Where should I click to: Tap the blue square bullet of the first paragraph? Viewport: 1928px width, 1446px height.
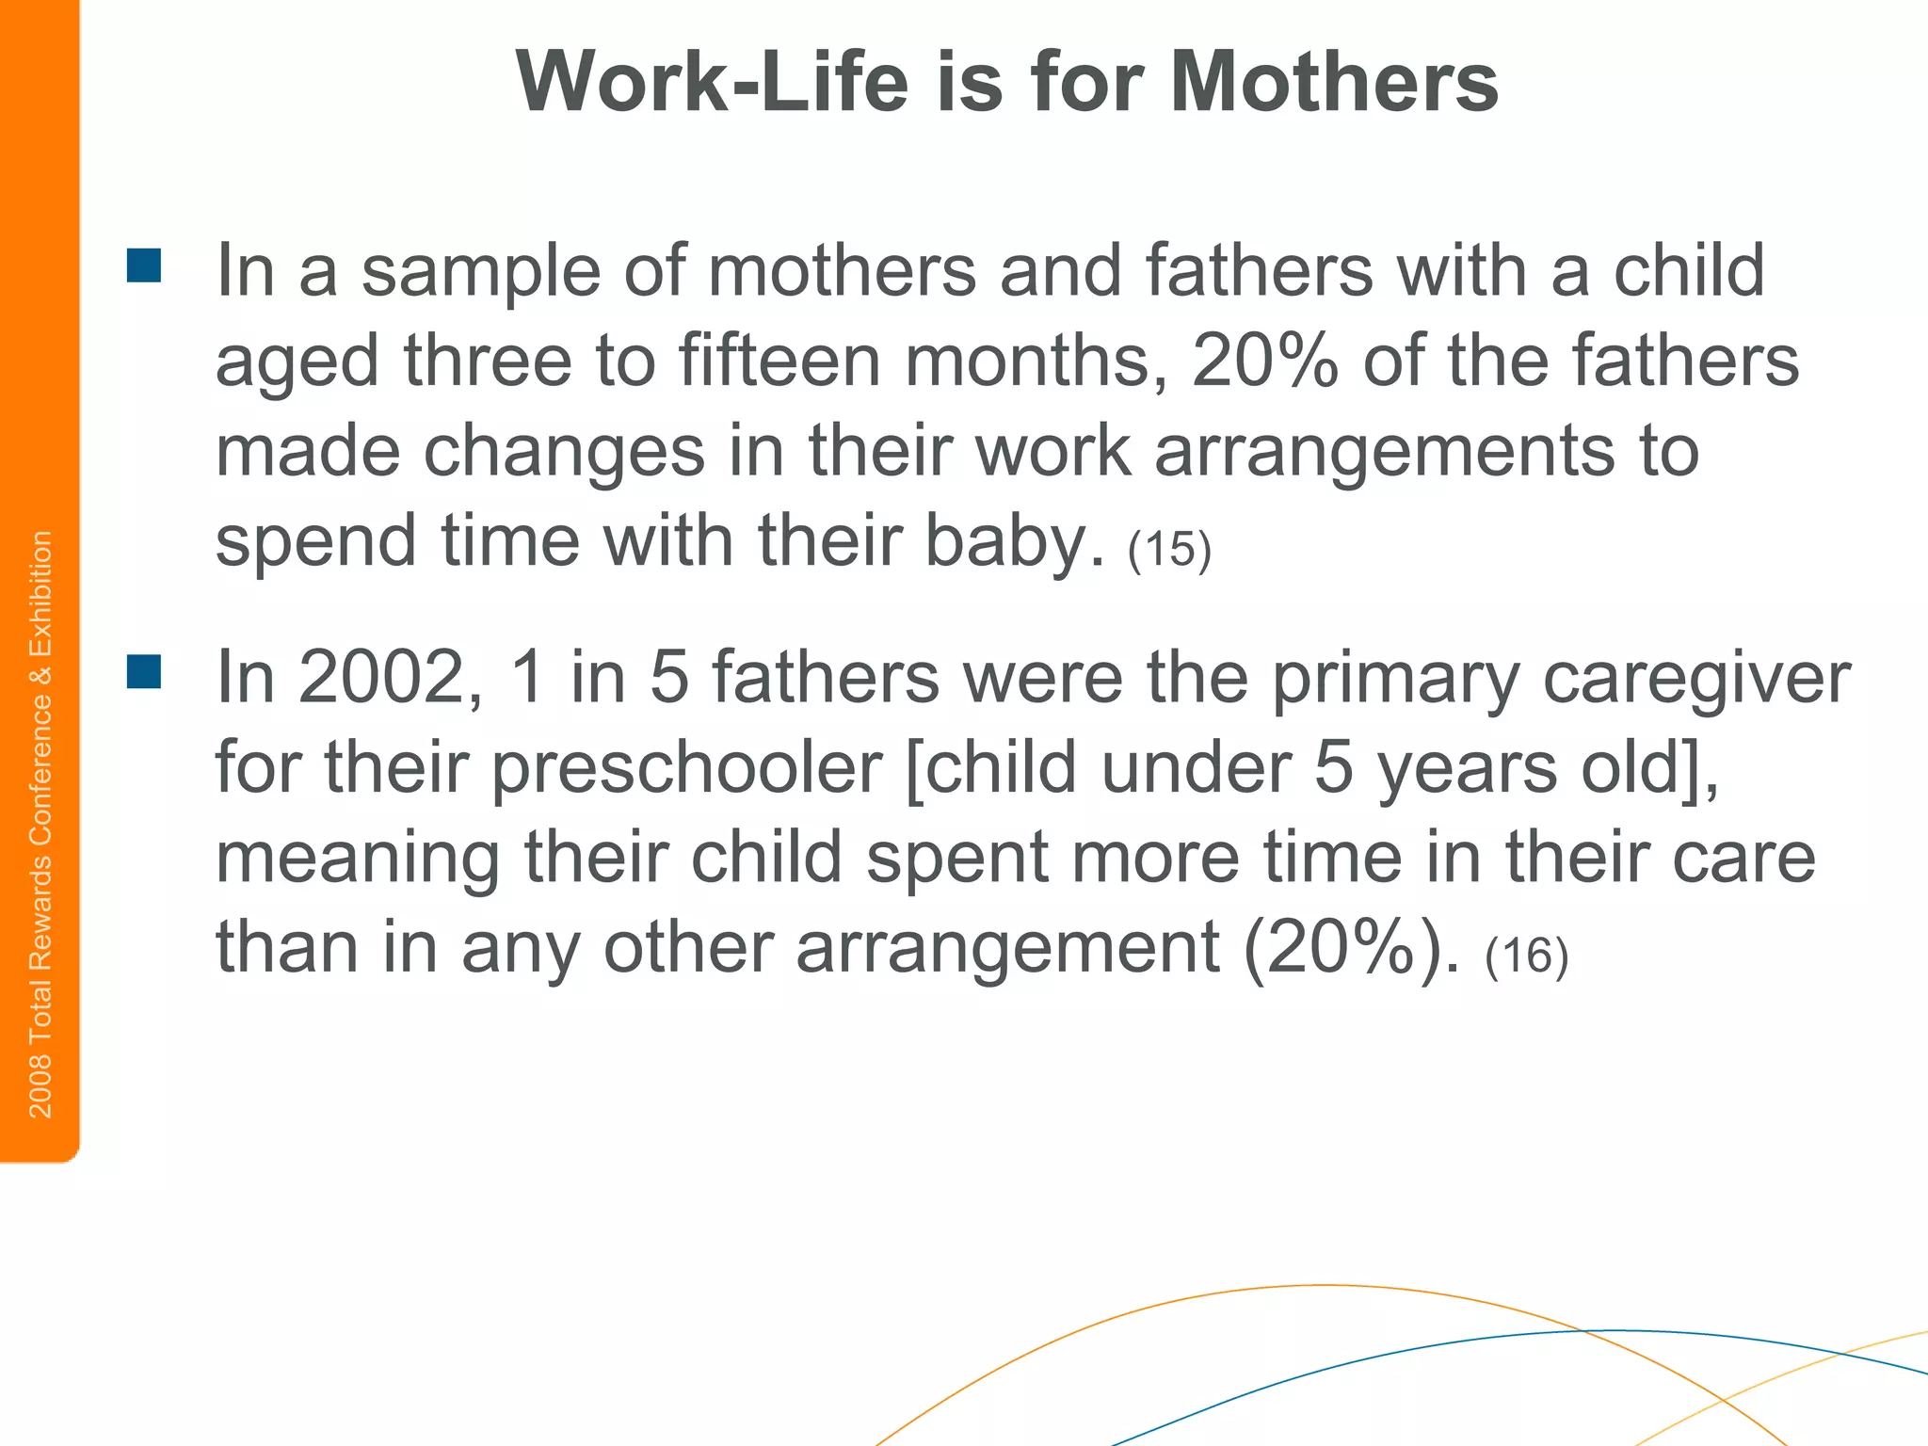click(144, 265)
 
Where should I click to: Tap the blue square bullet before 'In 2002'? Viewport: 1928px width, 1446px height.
click(144, 671)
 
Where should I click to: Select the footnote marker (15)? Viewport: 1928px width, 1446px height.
click(1169, 549)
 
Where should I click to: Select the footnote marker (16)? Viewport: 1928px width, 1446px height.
click(1526, 956)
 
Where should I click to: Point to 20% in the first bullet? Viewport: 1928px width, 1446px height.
click(1264, 361)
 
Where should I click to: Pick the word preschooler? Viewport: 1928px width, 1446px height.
click(687, 769)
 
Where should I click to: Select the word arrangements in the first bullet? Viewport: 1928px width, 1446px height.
click(1383, 453)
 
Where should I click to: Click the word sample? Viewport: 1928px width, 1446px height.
click(480, 272)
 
